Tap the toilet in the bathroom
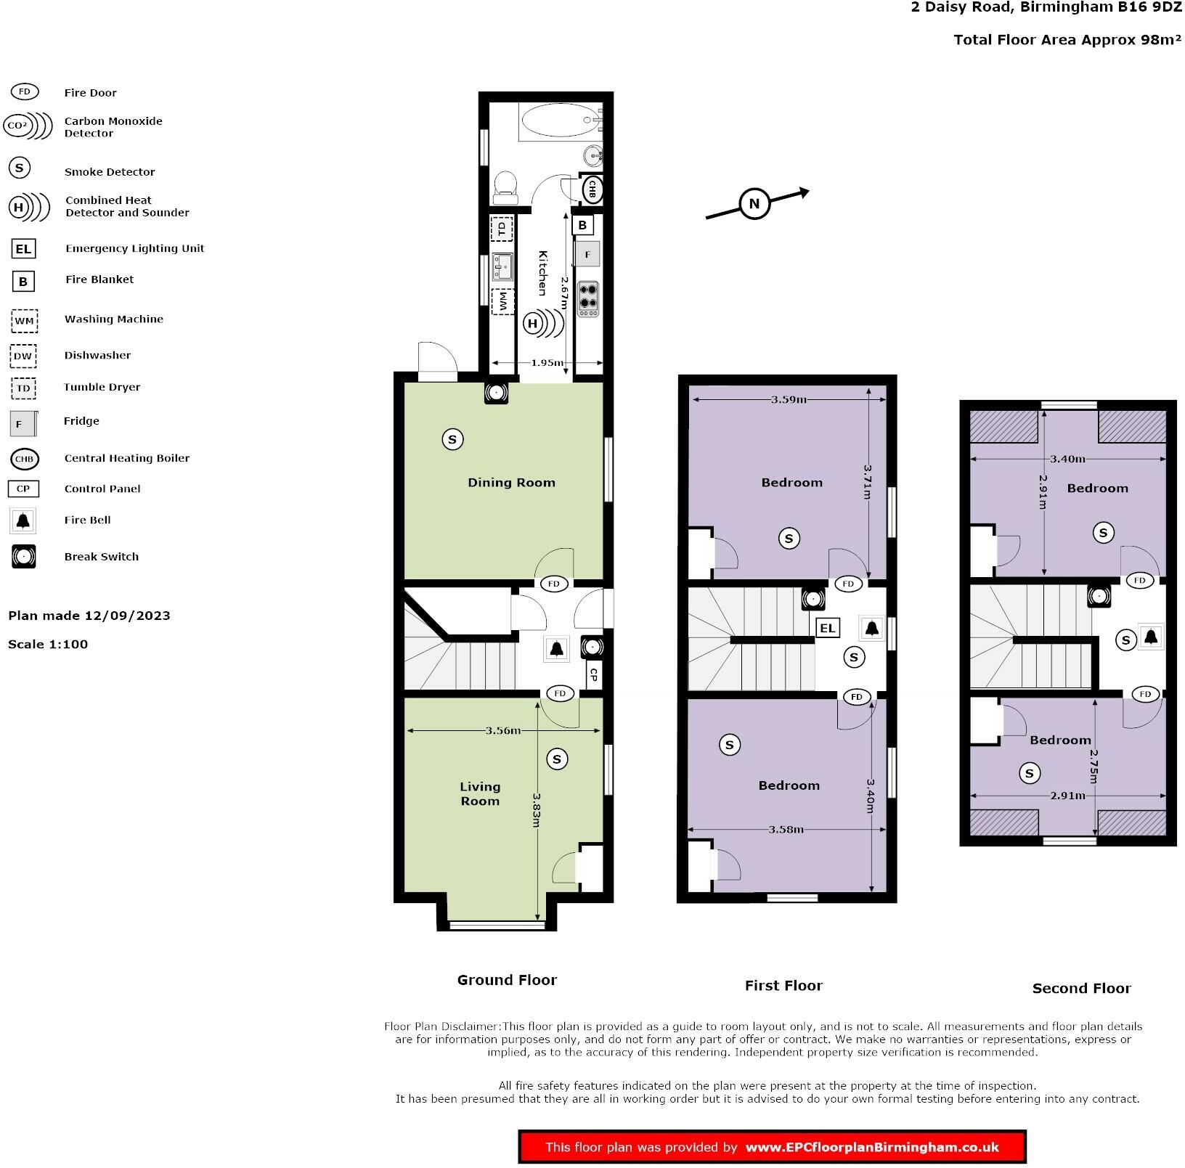505,187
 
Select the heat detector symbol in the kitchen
534,323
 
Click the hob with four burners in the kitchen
588,298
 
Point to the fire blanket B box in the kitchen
582,225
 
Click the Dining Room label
511,483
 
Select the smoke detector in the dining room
452,439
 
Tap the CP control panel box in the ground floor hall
593,674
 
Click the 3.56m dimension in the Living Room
503,730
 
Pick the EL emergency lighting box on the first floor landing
827,628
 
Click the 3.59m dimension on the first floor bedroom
789,399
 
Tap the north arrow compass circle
754,204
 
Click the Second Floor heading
1081,988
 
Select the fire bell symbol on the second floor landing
1150,637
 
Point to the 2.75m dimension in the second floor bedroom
1094,767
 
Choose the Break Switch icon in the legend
23,557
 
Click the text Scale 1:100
48,644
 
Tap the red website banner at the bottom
772,1147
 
